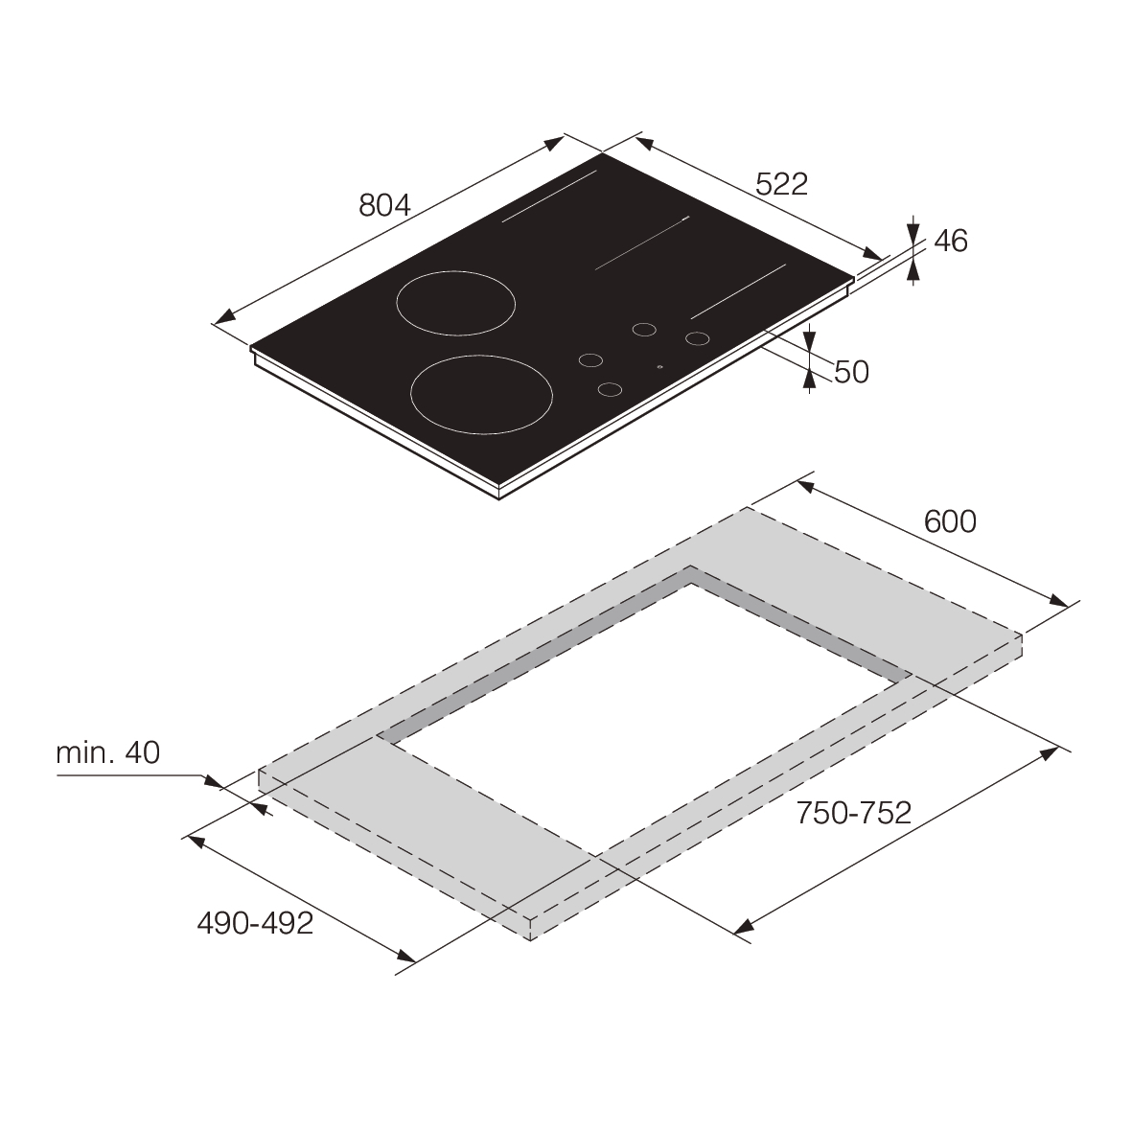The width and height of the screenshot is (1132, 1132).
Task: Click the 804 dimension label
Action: click(384, 205)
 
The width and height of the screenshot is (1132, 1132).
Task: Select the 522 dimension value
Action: click(781, 184)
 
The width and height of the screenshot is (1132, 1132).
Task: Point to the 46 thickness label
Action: click(950, 241)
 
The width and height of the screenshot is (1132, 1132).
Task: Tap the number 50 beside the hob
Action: click(850, 372)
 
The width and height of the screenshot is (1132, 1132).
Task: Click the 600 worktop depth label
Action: click(950, 520)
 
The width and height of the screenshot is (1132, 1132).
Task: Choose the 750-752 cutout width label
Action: click(853, 813)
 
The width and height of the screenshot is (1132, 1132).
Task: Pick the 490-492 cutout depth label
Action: click(255, 923)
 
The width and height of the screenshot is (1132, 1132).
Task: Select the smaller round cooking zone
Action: click(455, 304)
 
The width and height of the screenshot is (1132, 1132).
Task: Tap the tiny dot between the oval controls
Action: click(658, 366)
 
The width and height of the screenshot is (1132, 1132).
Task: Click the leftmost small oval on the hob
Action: click(591, 360)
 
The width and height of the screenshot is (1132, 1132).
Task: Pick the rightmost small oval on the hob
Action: click(697, 337)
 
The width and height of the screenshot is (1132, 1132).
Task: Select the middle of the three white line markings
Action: click(642, 243)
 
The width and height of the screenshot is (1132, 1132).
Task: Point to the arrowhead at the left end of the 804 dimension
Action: click(222, 318)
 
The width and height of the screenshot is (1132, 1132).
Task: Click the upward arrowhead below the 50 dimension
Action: click(810, 381)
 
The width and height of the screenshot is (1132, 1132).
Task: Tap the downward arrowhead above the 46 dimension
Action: click(913, 231)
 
